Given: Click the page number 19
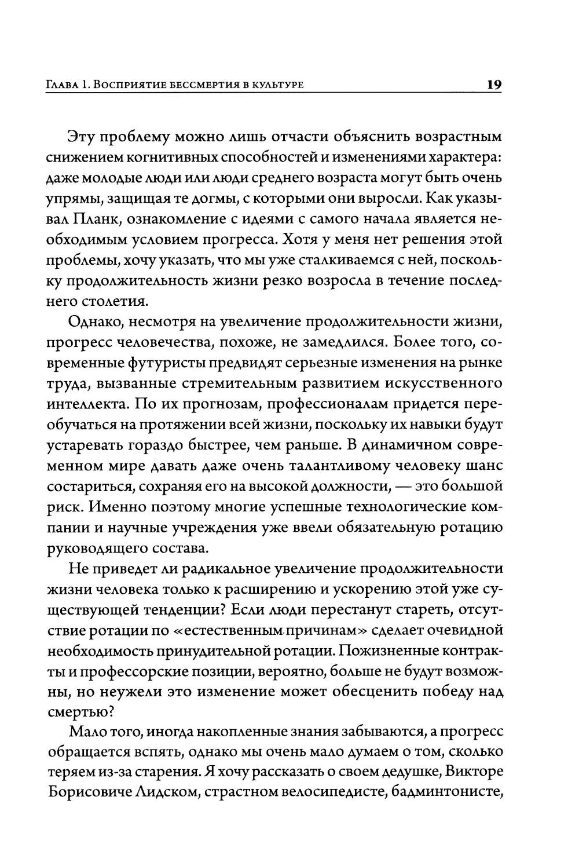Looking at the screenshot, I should click(x=494, y=85).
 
